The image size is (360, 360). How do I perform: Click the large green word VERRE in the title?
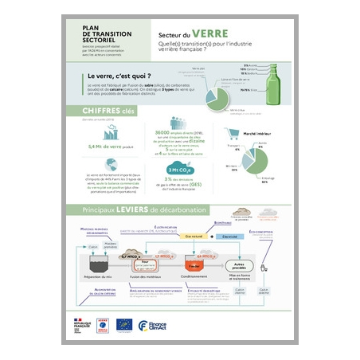tap(211, 34)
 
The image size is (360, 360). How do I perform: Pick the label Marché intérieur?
tap(254, 133)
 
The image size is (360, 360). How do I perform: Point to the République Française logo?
tap(80, 323)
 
